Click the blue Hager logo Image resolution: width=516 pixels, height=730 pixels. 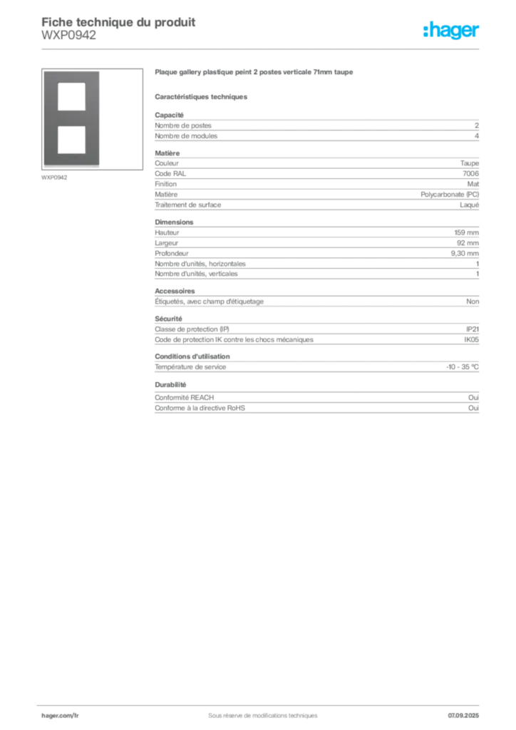point(452,31)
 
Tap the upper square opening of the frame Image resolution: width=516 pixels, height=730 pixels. point(72,96)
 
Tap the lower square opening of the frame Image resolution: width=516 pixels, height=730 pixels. point(72,139)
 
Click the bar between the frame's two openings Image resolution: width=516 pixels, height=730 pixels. point(72,118)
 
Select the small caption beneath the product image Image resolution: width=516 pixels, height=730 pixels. point(54,178)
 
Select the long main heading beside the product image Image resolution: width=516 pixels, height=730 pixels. point(255,73)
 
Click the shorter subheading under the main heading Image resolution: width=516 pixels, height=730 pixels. point(202,96)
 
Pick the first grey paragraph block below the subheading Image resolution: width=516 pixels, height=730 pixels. point(316,128)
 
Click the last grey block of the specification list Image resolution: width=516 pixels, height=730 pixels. point(316,402)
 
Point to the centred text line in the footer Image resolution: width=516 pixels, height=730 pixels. point(257,711)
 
